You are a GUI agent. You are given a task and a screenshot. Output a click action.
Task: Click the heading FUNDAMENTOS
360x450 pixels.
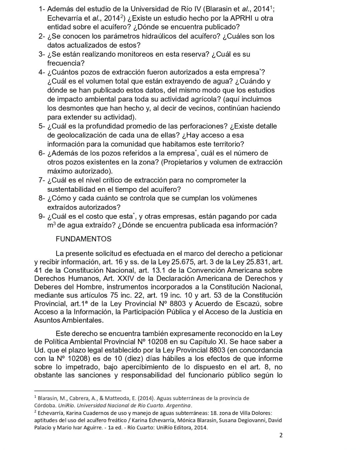[x=83, y=239]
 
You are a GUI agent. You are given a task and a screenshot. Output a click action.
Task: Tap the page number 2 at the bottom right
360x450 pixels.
[x=281, y=435]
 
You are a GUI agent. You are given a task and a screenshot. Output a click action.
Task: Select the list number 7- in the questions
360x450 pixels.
[x=42, y=180]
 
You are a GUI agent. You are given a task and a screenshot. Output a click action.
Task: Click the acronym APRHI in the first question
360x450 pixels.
[x=242, y=18]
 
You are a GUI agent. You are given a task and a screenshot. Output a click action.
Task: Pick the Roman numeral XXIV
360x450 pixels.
[x=142, y=278]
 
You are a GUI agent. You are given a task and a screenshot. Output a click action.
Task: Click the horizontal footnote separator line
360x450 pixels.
[x=78, y=390]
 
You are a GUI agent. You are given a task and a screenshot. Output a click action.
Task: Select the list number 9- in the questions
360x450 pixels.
[x=42, y=216]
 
